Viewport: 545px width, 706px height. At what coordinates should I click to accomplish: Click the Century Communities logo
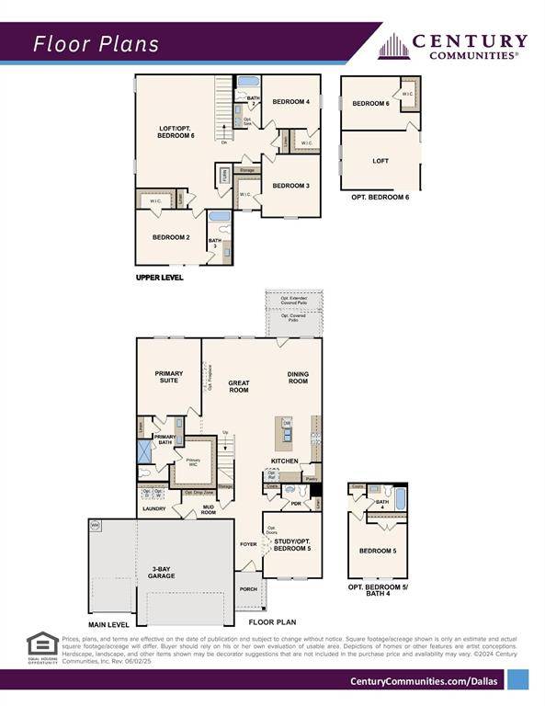point(453,45)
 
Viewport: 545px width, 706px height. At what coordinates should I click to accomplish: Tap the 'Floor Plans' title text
point(97,44)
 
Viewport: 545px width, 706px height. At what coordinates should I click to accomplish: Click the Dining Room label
point(298,377)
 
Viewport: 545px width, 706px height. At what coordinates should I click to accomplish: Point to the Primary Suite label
point(169,377)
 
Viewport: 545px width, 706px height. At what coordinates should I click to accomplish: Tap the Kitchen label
point(285,460)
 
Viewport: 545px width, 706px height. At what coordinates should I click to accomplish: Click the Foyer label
point(249,543)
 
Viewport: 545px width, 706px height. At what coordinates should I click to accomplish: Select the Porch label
point(248,589)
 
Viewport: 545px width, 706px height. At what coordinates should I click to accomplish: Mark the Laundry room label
point(153,507)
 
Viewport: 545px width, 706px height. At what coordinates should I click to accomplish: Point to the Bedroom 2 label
point(171,237)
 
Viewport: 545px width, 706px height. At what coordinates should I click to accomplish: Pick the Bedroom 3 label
point(290,186)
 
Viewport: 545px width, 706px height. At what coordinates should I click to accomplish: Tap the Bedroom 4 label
point(290,101)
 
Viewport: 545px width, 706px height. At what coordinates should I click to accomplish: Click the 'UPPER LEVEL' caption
point(159,277)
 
